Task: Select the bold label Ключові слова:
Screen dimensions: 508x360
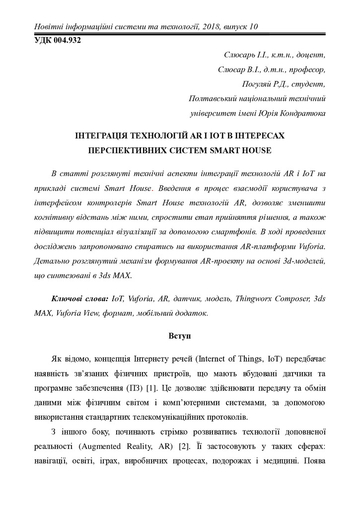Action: coord(80,299)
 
